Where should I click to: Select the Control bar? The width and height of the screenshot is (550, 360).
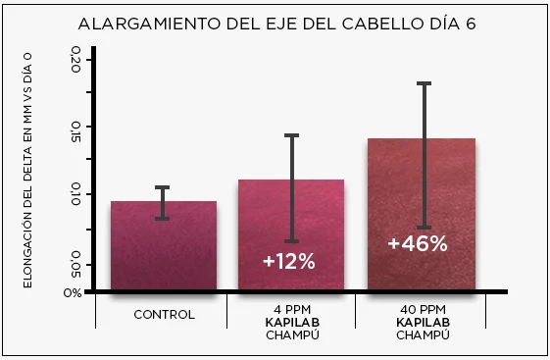(164, 245)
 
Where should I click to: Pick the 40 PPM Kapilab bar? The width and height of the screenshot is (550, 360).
(421, 196)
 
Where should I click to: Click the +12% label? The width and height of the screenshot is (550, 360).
(289, 261)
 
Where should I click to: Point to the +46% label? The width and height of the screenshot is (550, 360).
(418, 243)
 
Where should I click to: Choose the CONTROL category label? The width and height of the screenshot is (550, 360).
(164, 315)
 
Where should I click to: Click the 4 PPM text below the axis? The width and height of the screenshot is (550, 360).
(290, 305)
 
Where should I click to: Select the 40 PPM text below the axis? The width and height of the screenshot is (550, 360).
(423, 305)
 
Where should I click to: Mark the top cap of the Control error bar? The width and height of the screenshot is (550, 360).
(162, 186)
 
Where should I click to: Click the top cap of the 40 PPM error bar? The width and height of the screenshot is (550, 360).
(424, 83)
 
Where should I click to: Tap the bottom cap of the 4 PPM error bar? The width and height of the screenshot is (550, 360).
(291, 241)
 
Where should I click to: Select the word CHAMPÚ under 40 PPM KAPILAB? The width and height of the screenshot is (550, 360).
(423, 334)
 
